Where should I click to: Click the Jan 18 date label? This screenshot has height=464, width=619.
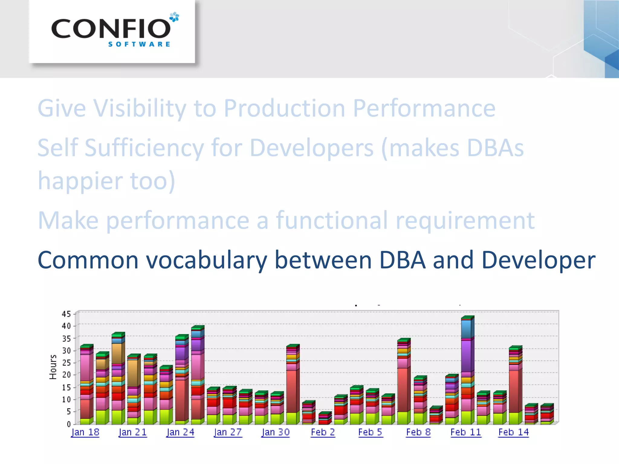click(85, 432)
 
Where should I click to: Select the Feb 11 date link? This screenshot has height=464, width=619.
click(465, 432)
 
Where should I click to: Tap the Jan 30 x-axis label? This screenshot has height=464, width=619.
click(276, 432)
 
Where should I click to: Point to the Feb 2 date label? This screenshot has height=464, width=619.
click(323, 432)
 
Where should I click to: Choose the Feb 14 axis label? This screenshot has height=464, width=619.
click(514, 432)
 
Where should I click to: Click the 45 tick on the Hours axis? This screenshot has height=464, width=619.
click(66, 314)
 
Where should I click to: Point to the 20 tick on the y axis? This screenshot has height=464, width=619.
click(66, 375)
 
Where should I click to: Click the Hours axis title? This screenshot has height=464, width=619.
click(53, 367)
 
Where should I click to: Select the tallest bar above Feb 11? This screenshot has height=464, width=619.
click(467, 370)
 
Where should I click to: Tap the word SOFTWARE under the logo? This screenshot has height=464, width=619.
click(139, 44)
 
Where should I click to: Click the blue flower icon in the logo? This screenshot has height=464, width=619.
click(174, 17)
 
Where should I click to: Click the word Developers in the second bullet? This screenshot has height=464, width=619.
click(312, 148)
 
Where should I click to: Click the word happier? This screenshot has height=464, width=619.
click(80, 181)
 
